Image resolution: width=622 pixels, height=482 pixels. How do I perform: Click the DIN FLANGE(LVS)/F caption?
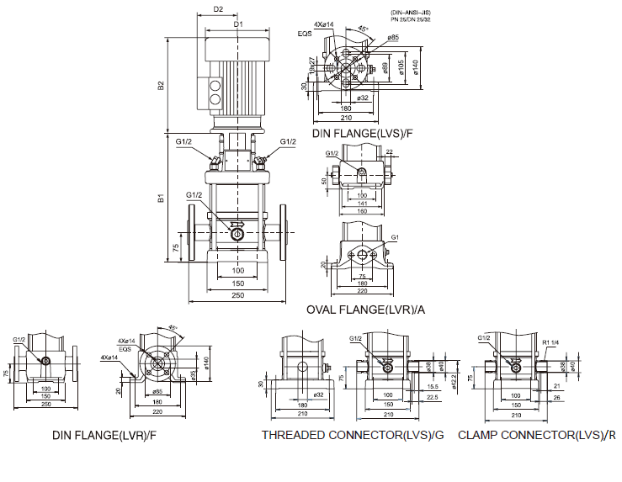(363, 134)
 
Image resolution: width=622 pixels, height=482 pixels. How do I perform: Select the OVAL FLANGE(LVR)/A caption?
(366, 310)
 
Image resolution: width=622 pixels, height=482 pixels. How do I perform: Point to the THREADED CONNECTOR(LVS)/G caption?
(352, 435)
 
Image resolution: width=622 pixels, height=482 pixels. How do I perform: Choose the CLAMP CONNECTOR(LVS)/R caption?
(537, 435)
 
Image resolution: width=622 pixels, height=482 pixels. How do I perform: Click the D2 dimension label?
(218, 9)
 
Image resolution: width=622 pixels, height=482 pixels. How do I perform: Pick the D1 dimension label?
(238, 24)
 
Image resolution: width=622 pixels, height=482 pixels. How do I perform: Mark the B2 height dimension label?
(161, 85)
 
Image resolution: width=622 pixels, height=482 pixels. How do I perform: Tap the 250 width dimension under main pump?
(237, 295)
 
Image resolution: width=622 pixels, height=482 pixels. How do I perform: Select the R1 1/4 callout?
(552, 343)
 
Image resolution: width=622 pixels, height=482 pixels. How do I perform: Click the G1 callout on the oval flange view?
(394, 237)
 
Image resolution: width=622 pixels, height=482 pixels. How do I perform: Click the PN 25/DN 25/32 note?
(410, 19)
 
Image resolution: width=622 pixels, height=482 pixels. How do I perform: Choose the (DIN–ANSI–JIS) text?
(409, 12)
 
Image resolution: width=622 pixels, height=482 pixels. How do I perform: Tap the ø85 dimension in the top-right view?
(394, 38)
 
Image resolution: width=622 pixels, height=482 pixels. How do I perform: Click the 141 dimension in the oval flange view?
(362, 204)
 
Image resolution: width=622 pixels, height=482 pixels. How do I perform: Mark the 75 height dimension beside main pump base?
(176, 248)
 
